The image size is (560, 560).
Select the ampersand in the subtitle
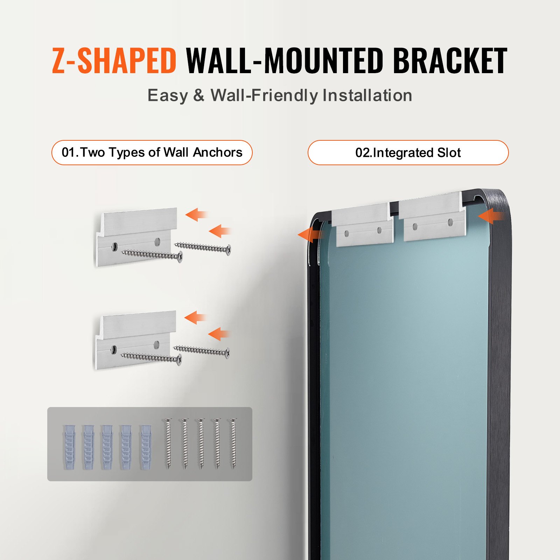(198, 95)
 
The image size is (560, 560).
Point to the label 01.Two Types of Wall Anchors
(152, 153)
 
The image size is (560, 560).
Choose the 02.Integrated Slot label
(408, 153)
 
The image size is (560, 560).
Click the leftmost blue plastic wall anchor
(69, 447)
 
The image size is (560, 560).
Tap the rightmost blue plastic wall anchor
(146, 447)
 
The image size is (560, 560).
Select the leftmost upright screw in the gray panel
(169, 443)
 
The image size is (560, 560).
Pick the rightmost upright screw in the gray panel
(233, 443)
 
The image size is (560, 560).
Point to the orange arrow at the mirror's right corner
(491, 216)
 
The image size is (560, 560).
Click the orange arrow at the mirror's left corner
(310, 234)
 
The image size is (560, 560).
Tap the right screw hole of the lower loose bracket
(156, 344)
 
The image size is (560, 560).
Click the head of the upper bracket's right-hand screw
(229, 250)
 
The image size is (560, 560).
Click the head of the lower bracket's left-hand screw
(180, 359)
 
